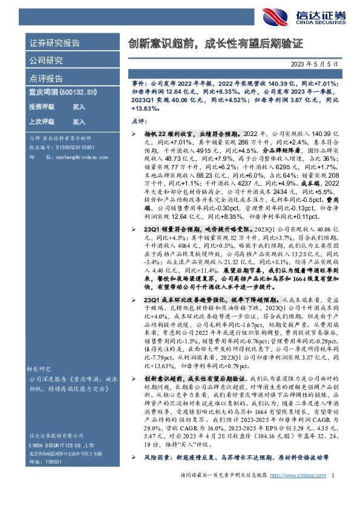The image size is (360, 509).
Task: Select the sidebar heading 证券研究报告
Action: (54, 44)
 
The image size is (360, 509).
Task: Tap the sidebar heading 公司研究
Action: (46, 60)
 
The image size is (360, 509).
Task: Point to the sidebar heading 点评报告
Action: (46, 78)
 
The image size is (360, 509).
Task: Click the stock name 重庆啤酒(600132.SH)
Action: (62, 92)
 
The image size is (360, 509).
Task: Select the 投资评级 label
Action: (42, 106)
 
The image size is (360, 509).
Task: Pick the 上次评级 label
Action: (42, 122)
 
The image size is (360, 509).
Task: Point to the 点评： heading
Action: (139, 120)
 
